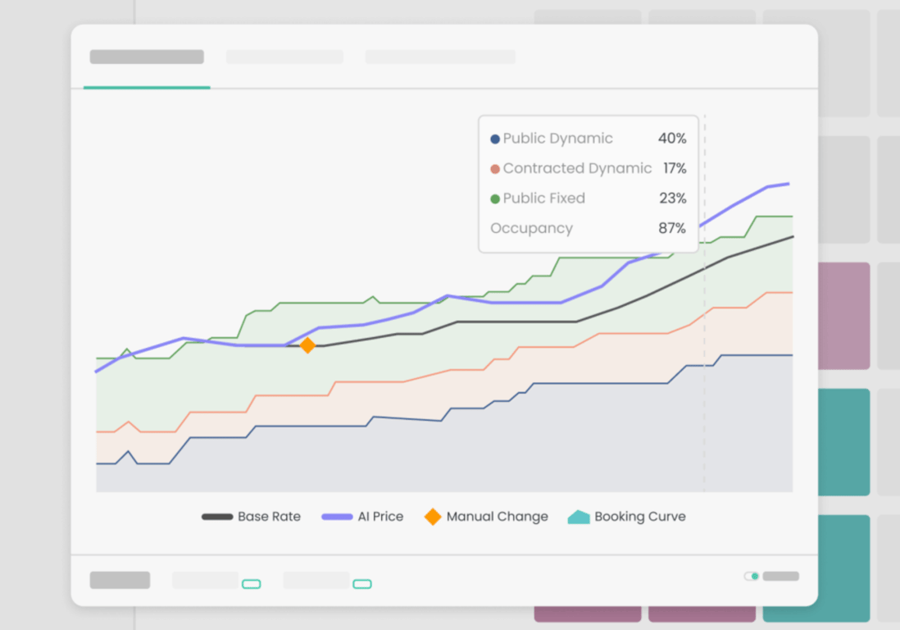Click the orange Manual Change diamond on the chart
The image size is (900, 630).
coord(307,346)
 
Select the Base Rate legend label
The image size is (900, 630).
coord(269,517)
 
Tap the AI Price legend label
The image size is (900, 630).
coord(380,517)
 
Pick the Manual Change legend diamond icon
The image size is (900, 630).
coord(433,517)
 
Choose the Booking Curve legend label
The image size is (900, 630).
coord(639,517)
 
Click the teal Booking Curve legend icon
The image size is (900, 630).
coord(579,517)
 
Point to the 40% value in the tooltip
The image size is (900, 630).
coord(672,139)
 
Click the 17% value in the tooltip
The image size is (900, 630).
coord(675,168)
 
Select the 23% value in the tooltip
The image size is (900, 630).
coord(673,199)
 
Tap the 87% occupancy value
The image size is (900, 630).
coord(672,228)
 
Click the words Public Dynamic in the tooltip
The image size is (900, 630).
coord(557,139)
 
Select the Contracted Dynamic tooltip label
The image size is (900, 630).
coord(577,168)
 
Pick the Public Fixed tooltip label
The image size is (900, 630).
coord(543,199)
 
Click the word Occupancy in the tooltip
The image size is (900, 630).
coord(531,228)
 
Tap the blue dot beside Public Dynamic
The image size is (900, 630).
coord(494,139)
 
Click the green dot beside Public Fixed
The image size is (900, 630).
coord(494,199)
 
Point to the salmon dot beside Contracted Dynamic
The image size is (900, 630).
coord(494,169)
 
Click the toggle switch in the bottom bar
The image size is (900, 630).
coord(752,576)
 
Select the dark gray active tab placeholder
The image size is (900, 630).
coord(147,57)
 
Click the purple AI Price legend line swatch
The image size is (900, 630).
coord(337,517)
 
